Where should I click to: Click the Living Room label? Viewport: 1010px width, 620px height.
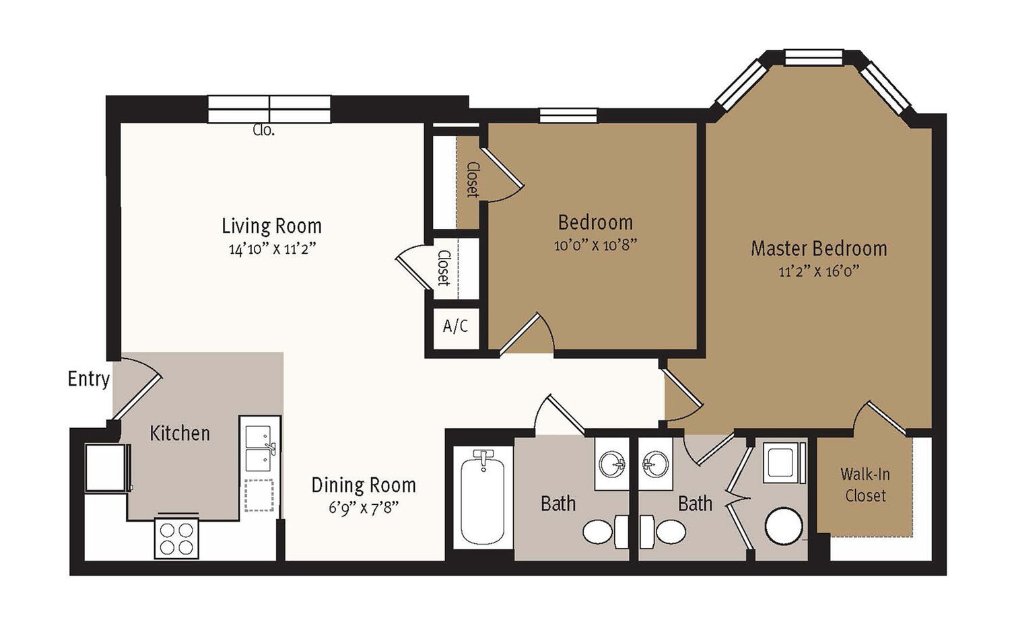(x=271, y=226)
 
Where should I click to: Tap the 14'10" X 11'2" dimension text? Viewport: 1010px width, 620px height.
(x=271, y=249)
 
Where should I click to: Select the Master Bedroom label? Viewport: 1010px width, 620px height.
(x=819, y=248)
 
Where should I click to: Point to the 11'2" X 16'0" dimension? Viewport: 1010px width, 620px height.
(x=819, y=271)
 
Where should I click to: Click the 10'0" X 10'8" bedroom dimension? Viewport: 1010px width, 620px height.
(x=595, y=245)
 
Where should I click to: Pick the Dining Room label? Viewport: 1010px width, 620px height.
(x=364, y=485)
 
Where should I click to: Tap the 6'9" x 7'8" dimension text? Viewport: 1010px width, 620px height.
(x=364, y=508)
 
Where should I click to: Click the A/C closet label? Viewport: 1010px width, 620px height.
(x=455, y=326)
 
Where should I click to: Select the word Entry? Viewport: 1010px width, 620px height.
(x=89, y=379)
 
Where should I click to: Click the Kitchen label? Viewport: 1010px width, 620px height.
(x=180, y=434)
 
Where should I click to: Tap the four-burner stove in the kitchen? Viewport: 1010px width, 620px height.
(x=176, y=539)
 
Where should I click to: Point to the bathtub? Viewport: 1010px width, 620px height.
(x=482, y=497)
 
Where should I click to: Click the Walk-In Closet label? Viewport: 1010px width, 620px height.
(x=865, y=485)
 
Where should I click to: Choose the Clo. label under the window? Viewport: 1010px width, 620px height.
(x=264, y=131)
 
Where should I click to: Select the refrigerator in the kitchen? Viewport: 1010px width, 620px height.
(x=107, y=468)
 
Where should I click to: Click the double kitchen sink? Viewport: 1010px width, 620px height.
(x=259, y=448)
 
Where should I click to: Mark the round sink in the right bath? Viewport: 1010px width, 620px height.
(x=655, y=463)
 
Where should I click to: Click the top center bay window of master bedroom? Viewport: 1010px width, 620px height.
(x=813, y=57)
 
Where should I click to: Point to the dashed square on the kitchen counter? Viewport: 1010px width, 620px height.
(x=259, y=495)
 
